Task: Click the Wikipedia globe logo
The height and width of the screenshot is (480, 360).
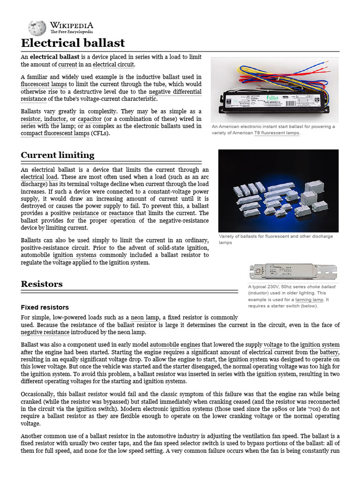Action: coord(37,28)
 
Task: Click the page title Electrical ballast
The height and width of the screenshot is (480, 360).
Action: coord(73,43)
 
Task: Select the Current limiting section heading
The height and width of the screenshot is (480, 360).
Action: coord(58,155)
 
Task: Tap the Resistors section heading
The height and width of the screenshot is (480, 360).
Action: coord(42,284)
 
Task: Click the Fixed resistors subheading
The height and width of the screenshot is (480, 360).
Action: coord(45,307)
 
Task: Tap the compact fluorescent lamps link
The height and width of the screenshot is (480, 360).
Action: coord(55,134)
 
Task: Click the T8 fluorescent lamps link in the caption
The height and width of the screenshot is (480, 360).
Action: coord(276,133)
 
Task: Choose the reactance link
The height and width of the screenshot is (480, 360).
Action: coord(121,213)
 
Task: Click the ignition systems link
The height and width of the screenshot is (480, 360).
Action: coord(75,255)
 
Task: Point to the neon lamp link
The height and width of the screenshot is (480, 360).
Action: coord(144,318)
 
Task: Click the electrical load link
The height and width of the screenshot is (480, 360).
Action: coord(39,177)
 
